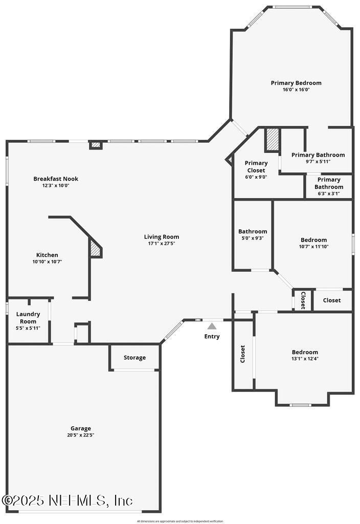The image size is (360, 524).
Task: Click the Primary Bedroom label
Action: click(x=296, y=83)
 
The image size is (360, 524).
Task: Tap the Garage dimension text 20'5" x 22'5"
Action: click(x=81, y=435)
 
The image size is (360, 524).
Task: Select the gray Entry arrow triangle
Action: click(x=212, y=326)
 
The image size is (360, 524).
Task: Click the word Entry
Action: click(x=212, y=336)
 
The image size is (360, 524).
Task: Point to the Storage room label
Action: click(x=134, y=358)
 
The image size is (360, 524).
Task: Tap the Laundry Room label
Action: click(x=28, y=317)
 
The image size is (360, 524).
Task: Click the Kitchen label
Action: click(x=47, y=255)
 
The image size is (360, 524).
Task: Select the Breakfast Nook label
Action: click(x=56, y=179)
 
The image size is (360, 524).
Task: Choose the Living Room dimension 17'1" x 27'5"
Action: click(x=161, y=244)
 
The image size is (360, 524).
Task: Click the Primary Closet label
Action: click(x=256, y=166)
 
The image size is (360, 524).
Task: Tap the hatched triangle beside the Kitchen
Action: click(x=96, y=249)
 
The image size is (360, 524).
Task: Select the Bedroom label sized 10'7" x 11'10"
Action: click(x=313, y=240)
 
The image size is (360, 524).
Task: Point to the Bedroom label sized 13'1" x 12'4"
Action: click(x=305, y=352)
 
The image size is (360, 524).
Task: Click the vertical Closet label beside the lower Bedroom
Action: click(x=243, y=354)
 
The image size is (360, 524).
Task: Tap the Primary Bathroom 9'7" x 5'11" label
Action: click(x=318, y=155)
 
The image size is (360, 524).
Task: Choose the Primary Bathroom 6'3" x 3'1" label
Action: click(x=329, y=183)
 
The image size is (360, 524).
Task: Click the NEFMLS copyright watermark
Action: click(x=67, y=500)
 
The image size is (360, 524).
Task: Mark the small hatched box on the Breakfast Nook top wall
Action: click(x=96, y=145)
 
